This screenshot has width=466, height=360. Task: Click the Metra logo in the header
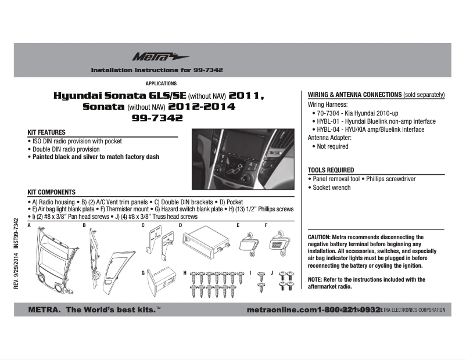point(152,56)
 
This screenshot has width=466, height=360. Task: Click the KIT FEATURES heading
point(46,132)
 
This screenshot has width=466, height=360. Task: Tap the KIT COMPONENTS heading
point(52,192)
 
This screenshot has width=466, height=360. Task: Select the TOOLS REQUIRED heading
point(331,170)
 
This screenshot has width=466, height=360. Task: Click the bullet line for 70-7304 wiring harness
point(360,113)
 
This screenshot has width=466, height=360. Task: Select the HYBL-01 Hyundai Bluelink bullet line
point(376,121)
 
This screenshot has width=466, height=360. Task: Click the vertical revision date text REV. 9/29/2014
point(17,274)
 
